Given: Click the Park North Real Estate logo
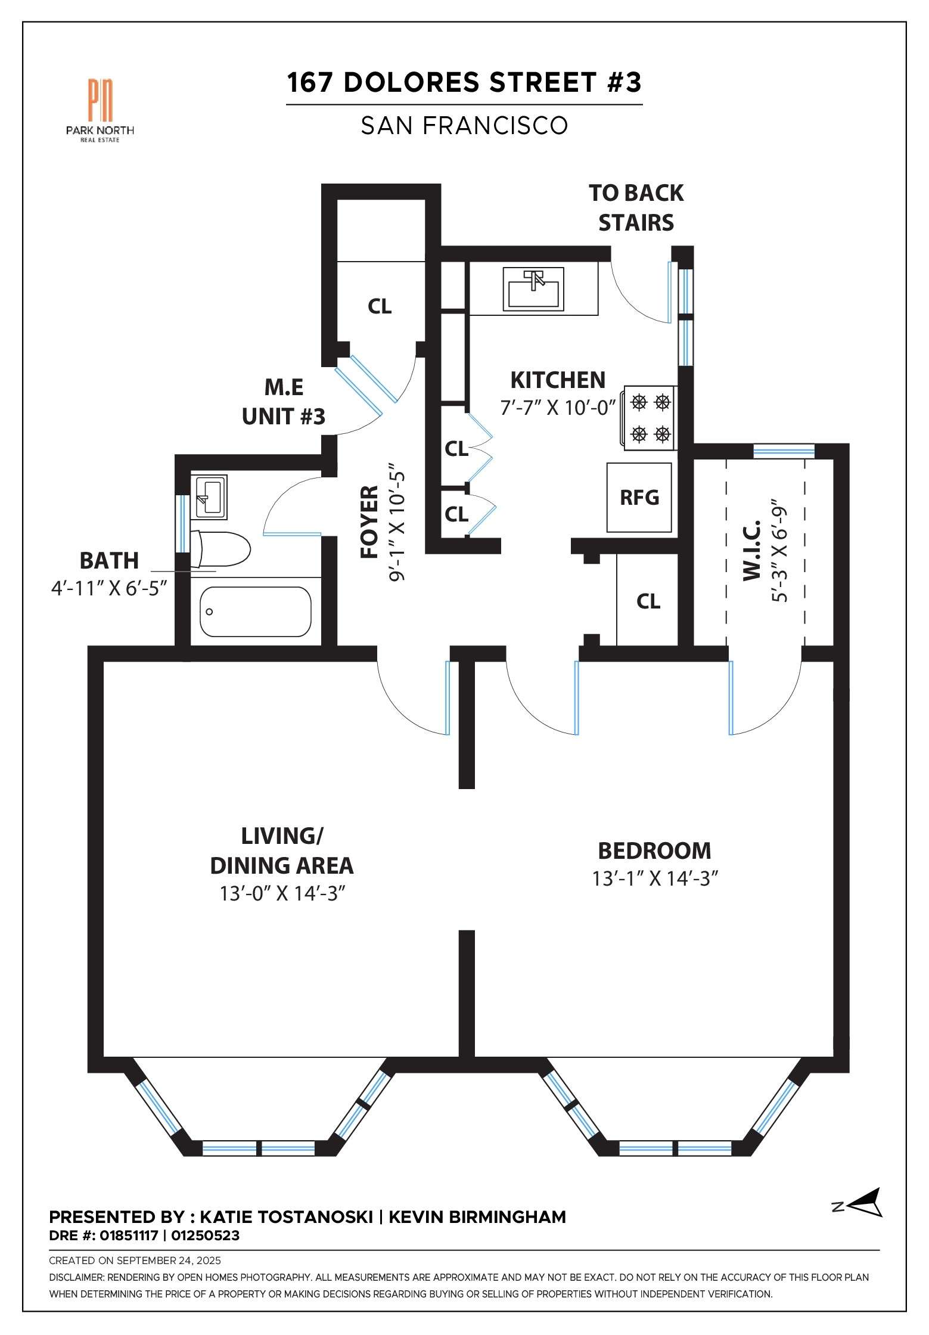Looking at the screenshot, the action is (x=100, y=110).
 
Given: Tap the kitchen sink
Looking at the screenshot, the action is (x=533, y=289).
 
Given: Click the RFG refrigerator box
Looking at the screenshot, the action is (x=639, y=498).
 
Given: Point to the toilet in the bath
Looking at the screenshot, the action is (x=220, y=549).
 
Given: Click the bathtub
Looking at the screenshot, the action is (x=255, y=612).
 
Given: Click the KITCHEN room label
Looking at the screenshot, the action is (x=558, y=380).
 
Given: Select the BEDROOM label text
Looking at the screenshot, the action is (x=654, y=851).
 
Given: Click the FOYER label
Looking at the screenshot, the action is (x=370, y=522).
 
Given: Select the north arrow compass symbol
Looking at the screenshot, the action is (x=858, y=1203).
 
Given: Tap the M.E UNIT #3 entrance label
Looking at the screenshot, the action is (x=284, y=402).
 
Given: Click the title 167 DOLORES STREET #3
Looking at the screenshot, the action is (x=464, y=82).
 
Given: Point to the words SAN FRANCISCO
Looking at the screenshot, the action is (x=464, y=125).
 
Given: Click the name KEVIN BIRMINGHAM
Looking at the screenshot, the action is (x=477, y=1218).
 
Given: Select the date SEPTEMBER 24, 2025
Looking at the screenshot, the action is (x=169, y=1261).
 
